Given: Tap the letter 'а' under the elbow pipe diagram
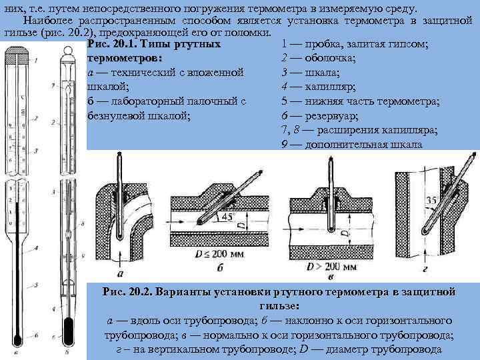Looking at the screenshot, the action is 119,273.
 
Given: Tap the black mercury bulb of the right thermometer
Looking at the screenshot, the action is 68,330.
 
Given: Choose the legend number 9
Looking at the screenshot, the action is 285,145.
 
